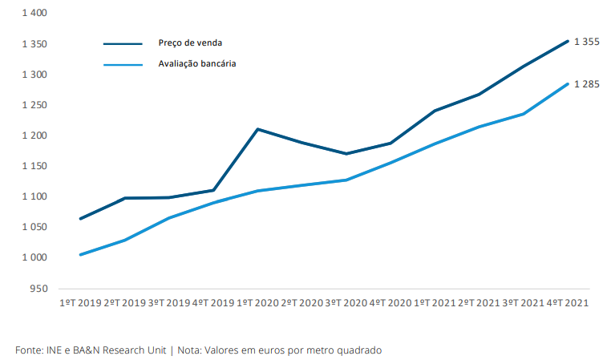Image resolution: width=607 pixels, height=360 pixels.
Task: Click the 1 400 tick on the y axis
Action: point(34,14)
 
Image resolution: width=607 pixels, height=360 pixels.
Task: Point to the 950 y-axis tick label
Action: point(38,288)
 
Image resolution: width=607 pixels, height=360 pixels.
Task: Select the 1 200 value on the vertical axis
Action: point(34,136)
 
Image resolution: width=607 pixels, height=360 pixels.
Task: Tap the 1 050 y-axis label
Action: point(34,227)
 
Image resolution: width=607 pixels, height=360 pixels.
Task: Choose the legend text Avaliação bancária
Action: point(197,63)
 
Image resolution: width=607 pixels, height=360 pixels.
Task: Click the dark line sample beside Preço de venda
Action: point(123,44)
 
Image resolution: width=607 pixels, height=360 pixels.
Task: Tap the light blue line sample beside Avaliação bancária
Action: point(123,64)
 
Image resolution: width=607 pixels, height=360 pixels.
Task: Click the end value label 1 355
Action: point(587,42)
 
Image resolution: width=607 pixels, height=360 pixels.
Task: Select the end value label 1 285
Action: point(587,84)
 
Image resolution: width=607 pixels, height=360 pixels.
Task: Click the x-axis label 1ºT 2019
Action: point(80,303)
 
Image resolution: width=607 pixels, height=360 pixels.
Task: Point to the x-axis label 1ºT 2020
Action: point(257,303)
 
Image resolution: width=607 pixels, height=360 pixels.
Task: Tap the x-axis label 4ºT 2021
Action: point(568,303)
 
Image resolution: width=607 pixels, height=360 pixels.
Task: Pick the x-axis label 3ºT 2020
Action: point(346,303)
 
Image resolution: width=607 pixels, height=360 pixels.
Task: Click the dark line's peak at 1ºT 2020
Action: point(257,129)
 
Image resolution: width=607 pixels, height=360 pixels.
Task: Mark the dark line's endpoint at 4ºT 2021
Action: point(568,41)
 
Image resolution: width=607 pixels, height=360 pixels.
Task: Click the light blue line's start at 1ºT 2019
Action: point(80,254)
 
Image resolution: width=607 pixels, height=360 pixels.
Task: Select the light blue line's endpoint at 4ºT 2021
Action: point(568,83)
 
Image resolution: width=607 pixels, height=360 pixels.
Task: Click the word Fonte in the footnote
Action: point(29,350)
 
